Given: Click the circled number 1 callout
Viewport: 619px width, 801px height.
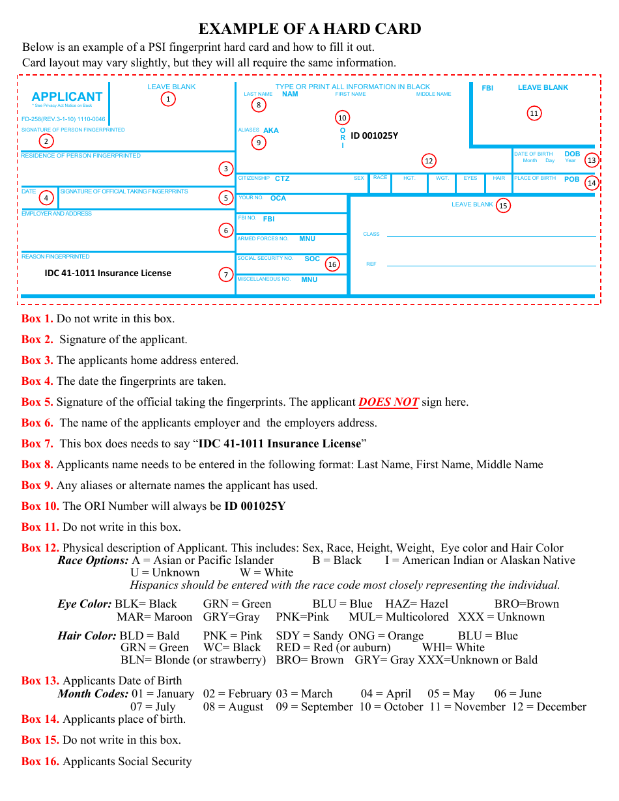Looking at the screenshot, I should coord(168,99).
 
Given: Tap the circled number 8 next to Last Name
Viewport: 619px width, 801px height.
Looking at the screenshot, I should coord(259,105).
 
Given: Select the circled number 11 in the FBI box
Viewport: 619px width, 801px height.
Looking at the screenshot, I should coord(534,113).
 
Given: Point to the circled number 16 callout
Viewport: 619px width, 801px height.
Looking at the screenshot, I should coord(332,264).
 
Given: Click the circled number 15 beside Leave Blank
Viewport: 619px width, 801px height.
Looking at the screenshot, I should coord(502,206).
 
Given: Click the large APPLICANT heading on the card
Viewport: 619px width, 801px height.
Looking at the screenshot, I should coord(67,96).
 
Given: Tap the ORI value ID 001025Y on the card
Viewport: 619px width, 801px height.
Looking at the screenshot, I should coord(374,136).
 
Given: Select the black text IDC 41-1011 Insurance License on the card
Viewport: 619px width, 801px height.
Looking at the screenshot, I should coord(108,273).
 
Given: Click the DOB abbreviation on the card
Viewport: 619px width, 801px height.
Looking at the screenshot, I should coord(572,154).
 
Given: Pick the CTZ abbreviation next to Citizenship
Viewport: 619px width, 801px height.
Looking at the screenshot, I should coord(282,178).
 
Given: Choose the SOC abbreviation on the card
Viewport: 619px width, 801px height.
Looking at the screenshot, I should coord(312,259).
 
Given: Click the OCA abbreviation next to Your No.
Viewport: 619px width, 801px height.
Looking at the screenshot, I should coord(278,198).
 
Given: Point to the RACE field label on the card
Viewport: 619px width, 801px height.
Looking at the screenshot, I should coord(380,178).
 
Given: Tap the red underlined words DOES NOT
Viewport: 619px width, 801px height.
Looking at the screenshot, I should coord(388,402).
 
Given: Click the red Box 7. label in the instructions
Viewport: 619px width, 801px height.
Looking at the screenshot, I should coord(37,443).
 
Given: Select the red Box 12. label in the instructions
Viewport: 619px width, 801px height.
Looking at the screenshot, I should coord(40,548).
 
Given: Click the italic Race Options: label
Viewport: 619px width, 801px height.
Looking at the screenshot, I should coord(93,560).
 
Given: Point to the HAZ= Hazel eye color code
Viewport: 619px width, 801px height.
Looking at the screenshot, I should coord(416,604).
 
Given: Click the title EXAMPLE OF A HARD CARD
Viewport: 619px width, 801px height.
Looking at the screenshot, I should coord(309,29).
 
